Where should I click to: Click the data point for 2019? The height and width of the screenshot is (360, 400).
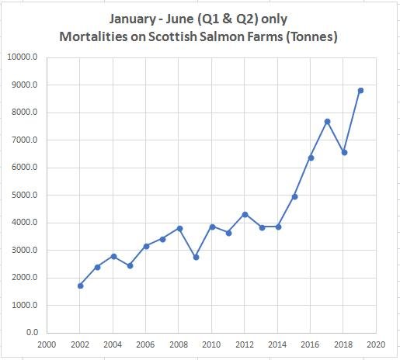pos(360,90)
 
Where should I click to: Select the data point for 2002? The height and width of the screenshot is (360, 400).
pos(80,286)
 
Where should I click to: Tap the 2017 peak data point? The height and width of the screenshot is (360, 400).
pos(328,121)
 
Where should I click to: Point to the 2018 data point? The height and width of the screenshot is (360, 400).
pos(344,152)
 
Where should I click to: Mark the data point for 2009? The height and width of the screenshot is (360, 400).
pos(196,257)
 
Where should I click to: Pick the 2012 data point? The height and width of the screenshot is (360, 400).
pos(245,214)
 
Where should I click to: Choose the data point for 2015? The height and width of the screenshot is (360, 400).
pos(294,196)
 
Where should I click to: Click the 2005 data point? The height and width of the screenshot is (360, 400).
pos(130,265)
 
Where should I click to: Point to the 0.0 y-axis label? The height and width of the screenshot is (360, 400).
pos(32,333)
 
